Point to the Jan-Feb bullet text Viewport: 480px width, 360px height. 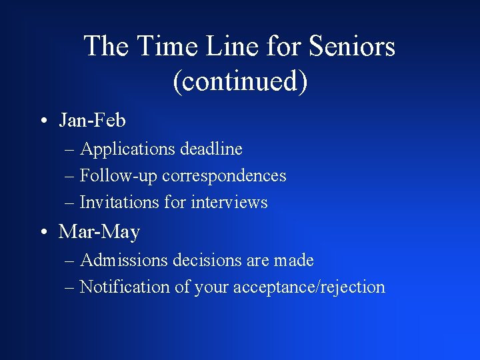coord(92,120)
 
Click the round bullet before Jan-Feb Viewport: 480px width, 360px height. coord(42,121)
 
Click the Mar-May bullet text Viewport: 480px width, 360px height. coord(99,232)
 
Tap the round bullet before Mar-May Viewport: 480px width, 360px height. coord(42,233)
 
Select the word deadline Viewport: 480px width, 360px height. coord(211,149)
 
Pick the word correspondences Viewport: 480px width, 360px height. coord(224,175)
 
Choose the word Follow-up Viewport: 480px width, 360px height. coord(119,176)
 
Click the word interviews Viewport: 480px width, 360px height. coord(229,202)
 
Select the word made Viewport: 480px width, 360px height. coord(293,260)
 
